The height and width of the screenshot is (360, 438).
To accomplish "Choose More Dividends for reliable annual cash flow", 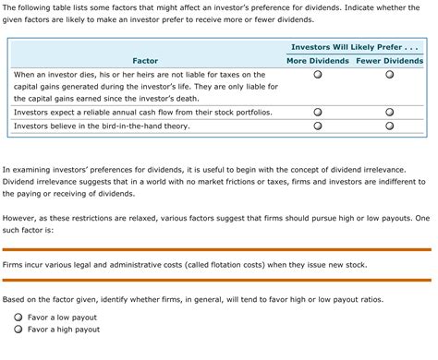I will pos(317,112).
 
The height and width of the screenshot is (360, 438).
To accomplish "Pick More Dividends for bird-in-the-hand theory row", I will pos(317,126).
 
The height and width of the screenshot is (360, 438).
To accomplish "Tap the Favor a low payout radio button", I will pos(18,316).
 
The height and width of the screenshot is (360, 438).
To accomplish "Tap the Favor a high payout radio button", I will pos(18,330).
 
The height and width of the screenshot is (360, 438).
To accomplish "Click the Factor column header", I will pos(145,61).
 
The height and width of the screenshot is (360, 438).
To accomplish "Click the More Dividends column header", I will pos(318,61).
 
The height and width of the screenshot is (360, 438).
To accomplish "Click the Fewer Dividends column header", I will pos(389,61).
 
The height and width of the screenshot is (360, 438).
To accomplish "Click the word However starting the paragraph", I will pos(21,220).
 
